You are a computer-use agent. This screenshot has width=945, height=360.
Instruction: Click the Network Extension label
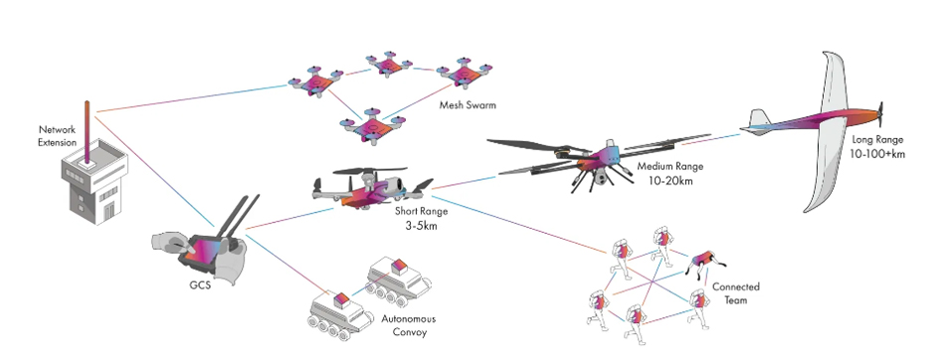click(57, 135)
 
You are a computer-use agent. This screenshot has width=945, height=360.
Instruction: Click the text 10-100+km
click(873, 155)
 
